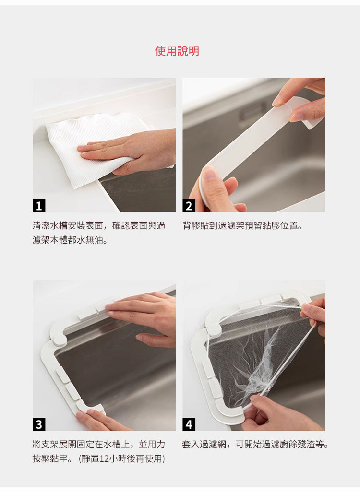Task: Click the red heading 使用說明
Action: (x=177, y=51)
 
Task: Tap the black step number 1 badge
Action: (x=39, y=206)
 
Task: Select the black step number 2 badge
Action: (x=189, y=206)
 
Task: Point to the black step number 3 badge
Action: (x=39, y=424)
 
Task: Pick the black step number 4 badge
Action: (x=189, y=424)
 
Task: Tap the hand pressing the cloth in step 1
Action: (x=132, y=151)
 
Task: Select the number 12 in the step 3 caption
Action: (x=104, y=459)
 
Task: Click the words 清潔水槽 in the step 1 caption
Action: (x=50, y=225)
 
